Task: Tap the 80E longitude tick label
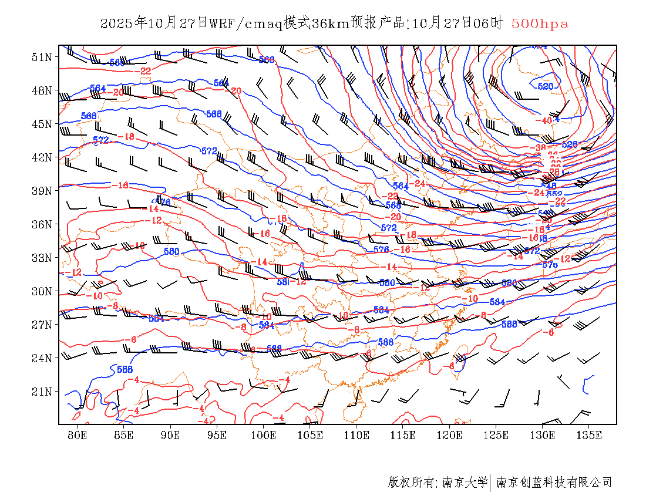(x=78, y=435)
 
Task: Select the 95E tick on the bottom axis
(x=217, y=435)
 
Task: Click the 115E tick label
(x=403, y=435)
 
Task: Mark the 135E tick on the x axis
(x=590, y=435)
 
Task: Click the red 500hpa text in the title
(x=540, y=24)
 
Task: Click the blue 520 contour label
(x=546, y=86)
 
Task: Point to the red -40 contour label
(x=544, y=120)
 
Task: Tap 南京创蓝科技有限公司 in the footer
(x=554, y=483)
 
